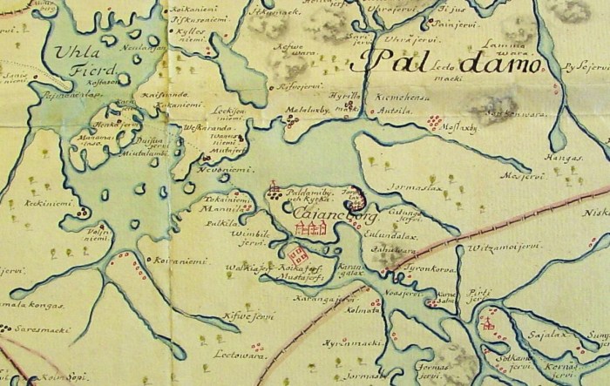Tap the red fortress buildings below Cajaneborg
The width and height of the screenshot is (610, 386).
click(x=311, y=227)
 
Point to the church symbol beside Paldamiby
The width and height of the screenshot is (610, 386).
click(x=274, y=188)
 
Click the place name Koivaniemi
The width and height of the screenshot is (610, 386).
click(x=184, y=260)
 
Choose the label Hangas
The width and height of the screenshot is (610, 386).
click(x=566, y=158)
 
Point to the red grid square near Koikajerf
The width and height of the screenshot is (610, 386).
click(x=297, y=255)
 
